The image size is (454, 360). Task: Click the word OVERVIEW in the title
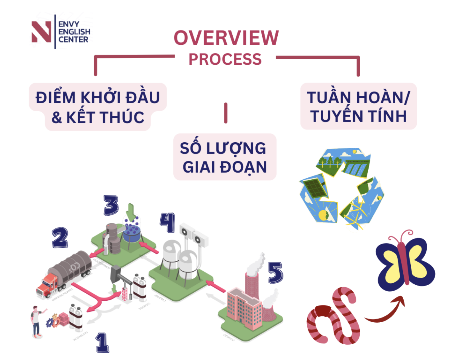coord(226,38)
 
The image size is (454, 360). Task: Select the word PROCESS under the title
coord(225,59)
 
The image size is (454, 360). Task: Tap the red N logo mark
coord(41,31)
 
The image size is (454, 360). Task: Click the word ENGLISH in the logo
coord(74,32)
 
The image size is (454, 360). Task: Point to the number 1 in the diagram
coord(102,343)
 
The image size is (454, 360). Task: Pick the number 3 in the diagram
coord(111,205)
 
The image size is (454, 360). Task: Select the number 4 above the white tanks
coord(167,222)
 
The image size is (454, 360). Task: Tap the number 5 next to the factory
coord(275,273)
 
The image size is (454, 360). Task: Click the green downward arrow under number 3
coord(131,211)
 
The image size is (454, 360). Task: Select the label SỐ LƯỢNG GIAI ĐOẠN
coord(225,157)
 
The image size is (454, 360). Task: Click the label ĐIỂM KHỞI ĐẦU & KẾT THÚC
coord(98,107)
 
